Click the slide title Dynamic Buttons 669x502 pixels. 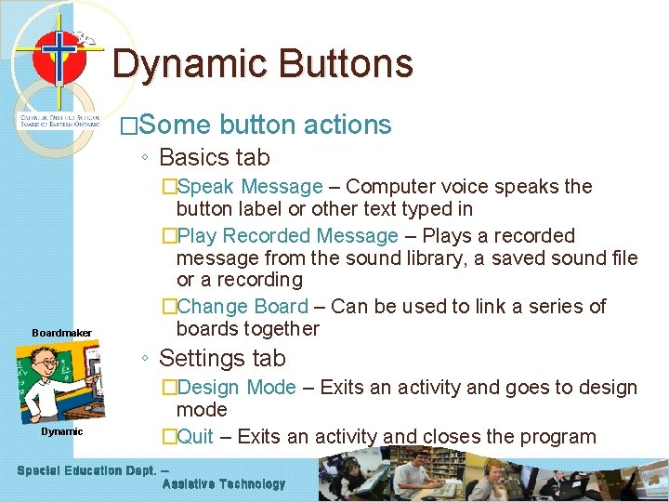[x=263, y=64]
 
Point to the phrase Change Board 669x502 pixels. [x=242, y=307]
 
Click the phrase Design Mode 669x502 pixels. [x=236, y=388]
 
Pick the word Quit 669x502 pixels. [x=195, y=436]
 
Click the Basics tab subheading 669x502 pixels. [x=214, y=157]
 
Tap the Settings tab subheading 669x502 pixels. [x=222, y=358]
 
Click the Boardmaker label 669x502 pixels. [x=61, y=333]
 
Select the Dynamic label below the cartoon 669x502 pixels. [x=61, y=431]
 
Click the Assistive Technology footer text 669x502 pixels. [x=223, y=484]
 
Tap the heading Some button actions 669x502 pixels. [x=264, y=125]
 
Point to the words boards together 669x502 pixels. [x=247, y=329]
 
